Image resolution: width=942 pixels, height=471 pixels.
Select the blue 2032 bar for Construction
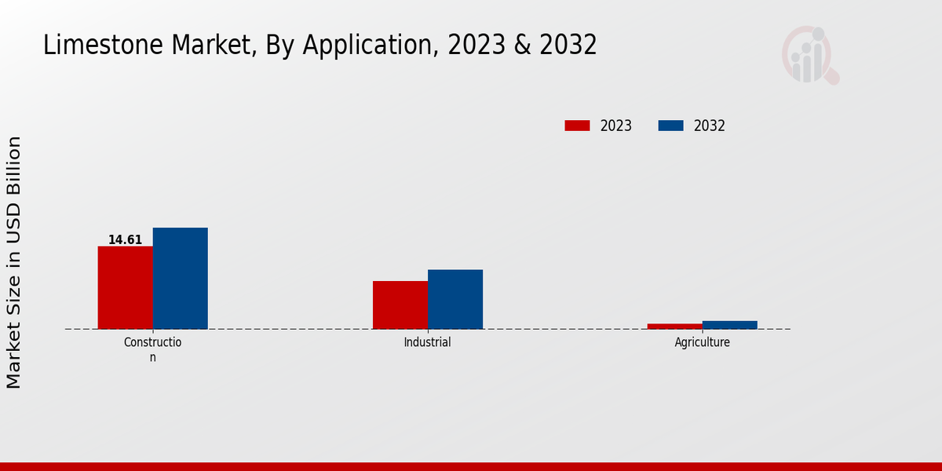pyautogui.click(x=181, y=278)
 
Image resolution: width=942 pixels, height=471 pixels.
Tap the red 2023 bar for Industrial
pyautogui.click(x=400, y=305)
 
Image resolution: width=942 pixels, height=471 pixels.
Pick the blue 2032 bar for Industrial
pyautogui.click(x=455, y=299)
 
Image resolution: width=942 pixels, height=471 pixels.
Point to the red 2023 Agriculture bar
pyautogui.click(x=675, y=326)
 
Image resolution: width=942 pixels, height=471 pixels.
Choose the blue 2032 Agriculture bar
pyautogui.click(x=730, y=324)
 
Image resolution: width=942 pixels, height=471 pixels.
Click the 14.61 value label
pyautogui.click(x=125, y=240)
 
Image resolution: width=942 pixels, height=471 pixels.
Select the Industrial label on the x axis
pyautogui.click(x=428, y=342)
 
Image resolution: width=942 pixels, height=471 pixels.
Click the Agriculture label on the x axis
pyautogui.click(x=703, y=342)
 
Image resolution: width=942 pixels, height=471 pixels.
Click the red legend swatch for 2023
pyautogui.click(x=577, y=126)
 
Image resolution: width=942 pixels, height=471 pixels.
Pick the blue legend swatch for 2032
pyautogui.click(x=670, y=126)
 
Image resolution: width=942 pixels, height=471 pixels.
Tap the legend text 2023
pyautogui.click(x=616, y=126)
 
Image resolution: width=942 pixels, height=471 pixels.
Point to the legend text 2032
pyautogui.click(x=710, y=126)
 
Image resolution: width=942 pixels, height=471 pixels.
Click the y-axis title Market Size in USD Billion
pyautogui.click(x=14, y=262)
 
